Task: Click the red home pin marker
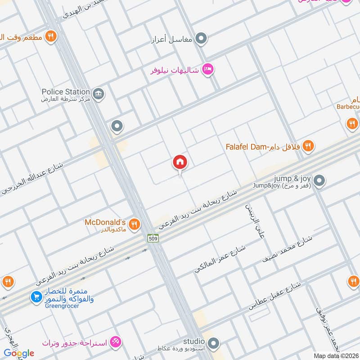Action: (180, 162)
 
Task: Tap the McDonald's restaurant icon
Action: (134, 224)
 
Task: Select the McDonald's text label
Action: (105, 222)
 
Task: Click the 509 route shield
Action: (153, 238)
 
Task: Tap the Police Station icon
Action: (99, 94)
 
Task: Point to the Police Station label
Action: (66, 92)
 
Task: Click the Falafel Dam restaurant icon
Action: (308, 145)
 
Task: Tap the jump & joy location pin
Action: (319, 181)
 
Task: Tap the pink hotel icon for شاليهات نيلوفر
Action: (208, 69)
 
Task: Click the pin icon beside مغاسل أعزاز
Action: (202, 39)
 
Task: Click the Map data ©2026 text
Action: (335, 356)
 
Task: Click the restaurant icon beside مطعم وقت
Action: (51, 36)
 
